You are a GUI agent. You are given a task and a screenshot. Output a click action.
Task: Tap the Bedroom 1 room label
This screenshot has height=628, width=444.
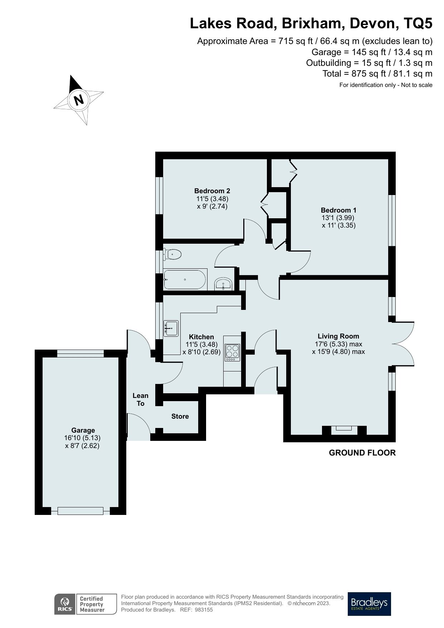(x=338, y=210)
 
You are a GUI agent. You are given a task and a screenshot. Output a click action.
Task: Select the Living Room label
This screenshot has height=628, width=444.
(x=338, y=336)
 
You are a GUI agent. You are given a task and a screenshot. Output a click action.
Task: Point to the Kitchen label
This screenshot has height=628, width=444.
(x=201, y=337)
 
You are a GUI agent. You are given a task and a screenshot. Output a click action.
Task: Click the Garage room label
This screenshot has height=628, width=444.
(x=83, y=430)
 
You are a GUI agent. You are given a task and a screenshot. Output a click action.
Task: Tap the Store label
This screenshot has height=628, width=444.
(x=180, y=416)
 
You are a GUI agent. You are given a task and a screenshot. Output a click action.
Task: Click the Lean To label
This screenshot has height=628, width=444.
(x=140, y=399)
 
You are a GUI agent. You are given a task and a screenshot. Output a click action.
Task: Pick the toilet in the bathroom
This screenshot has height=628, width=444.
(x=173, y=254)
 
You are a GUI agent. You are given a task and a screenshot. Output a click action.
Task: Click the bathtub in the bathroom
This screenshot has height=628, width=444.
(x=185, y=279)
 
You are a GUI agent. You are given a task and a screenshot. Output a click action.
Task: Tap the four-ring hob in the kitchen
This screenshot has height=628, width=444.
(x=232, y=351)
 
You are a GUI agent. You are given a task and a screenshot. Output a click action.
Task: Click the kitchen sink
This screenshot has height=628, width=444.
(x=171, y=328)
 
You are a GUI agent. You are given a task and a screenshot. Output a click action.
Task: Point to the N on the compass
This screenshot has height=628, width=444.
(x=78, y=99)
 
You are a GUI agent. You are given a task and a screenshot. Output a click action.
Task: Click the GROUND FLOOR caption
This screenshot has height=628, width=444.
(x=362, y=453)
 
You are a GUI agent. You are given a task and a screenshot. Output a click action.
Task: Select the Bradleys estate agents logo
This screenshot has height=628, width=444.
(x=369, y=604)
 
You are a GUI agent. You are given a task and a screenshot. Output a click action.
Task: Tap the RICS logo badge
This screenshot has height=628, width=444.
(x=65, y=604)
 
